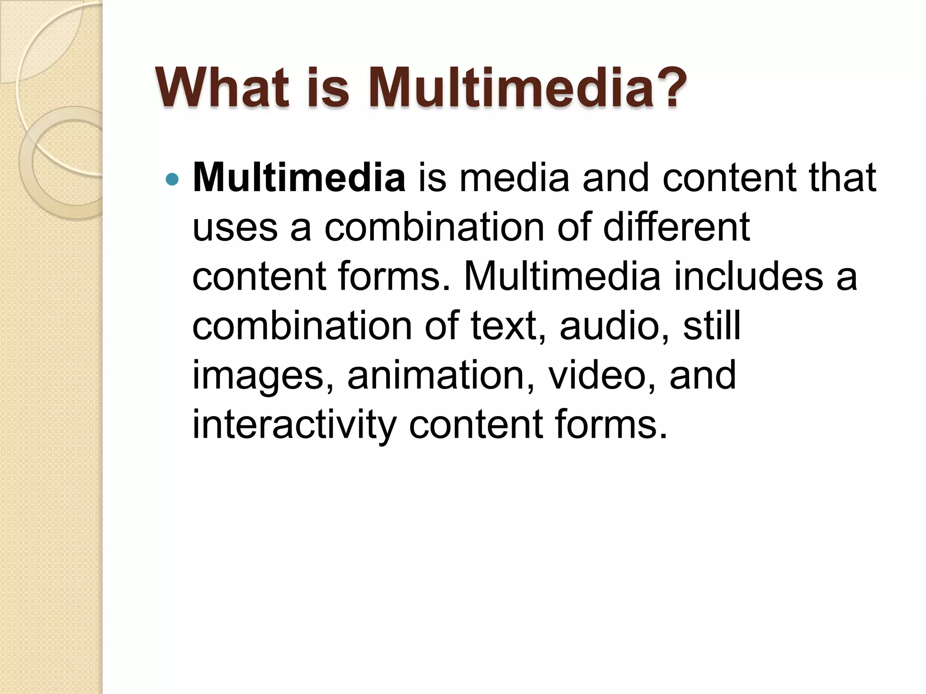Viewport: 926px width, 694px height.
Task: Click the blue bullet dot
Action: point(172,180)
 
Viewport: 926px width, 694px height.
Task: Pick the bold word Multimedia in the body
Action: point(299,178)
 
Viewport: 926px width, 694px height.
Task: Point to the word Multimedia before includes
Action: point(562,276)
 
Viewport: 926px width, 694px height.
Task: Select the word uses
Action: point(235,227)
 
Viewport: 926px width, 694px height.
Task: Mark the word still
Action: point(712,325)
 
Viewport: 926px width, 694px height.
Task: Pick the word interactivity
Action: point(294,425)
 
